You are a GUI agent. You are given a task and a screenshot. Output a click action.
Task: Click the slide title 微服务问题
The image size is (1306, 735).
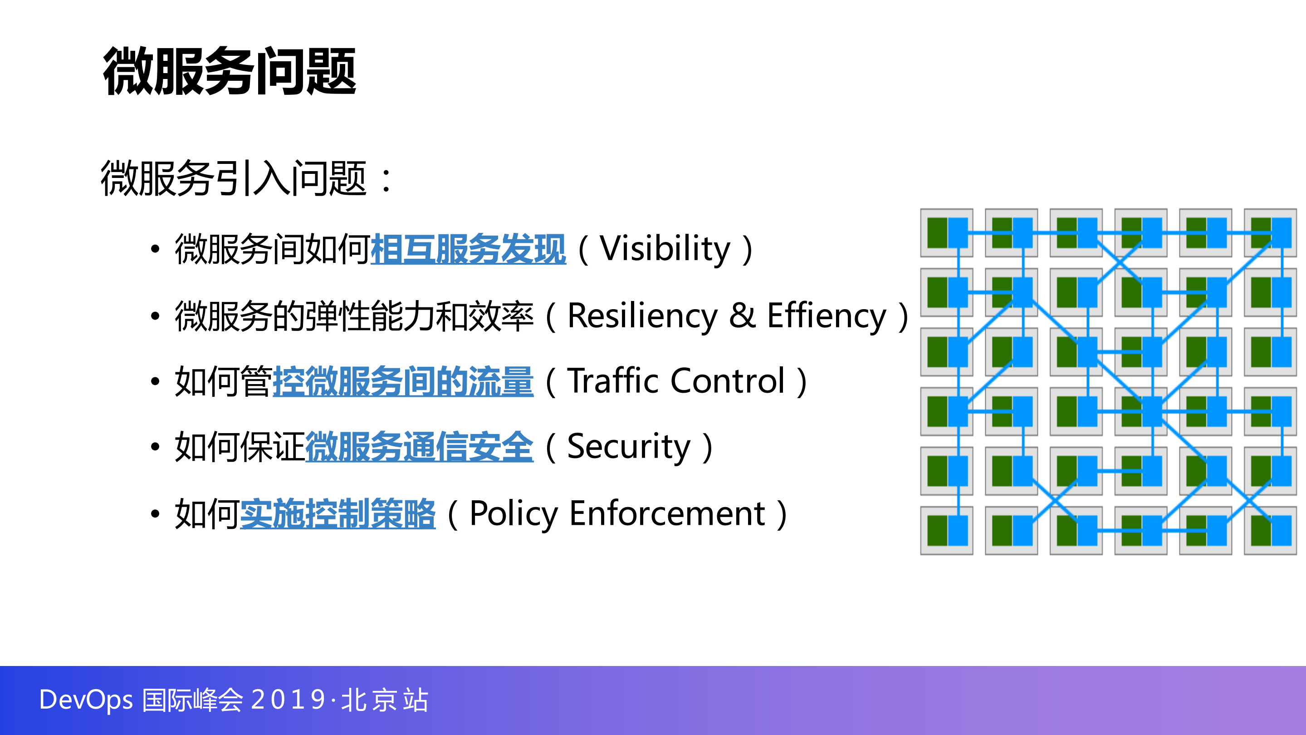tap(230, 71)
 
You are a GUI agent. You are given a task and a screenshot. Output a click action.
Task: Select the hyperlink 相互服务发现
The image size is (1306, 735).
tap(468, 249)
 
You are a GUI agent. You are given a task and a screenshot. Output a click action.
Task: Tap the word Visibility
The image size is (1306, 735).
tap(665, 249)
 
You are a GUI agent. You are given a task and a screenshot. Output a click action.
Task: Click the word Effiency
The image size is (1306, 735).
tap(827, 316)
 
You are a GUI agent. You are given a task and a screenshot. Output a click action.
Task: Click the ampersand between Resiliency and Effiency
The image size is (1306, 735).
tap(742, 316)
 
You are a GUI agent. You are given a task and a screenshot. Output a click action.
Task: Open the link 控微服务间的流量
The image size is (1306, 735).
tap(403, 381)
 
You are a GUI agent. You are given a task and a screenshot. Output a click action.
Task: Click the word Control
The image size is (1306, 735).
tap(728, 381)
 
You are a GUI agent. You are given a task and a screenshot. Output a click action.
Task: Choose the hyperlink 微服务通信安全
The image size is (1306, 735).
tap(419, 447)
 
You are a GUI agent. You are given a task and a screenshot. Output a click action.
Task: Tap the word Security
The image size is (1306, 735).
tap(629, 447)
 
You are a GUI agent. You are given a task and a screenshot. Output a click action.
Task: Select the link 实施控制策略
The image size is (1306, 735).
tap(338, 514)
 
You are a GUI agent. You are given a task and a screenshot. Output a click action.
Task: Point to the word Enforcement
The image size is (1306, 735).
tap(667, 514)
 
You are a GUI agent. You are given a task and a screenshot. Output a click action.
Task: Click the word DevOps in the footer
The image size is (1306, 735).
tap(86, 700)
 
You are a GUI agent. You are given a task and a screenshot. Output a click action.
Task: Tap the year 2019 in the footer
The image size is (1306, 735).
tap(288, 700)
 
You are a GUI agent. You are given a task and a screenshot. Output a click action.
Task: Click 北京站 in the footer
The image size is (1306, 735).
tap(385, 700)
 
